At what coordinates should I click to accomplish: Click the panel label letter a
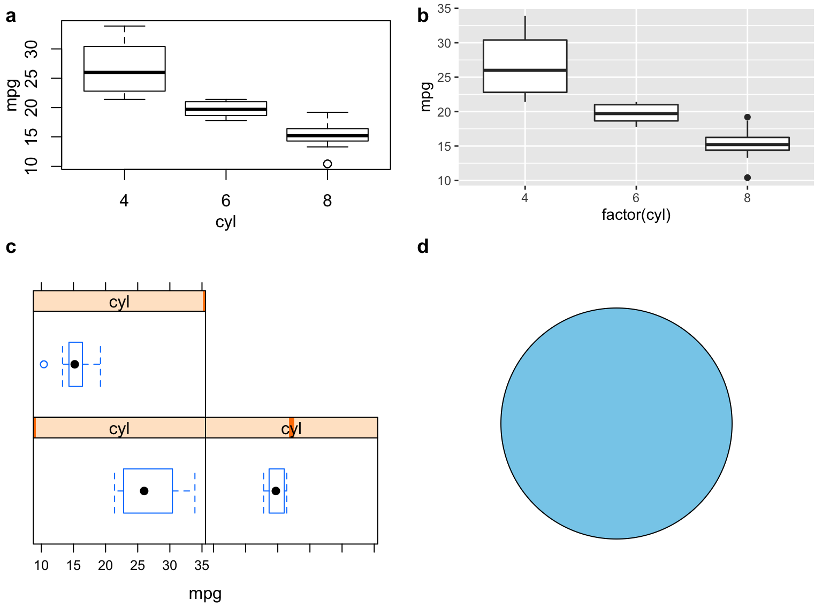tap(11, 17)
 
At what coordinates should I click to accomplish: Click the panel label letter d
tap(423, 247)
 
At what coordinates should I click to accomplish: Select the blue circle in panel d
tap(616, 423)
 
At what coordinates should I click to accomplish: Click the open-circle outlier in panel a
tap(327, 164)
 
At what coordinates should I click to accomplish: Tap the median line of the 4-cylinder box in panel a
tap(124, 72)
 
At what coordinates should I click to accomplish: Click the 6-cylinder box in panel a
tap(226, 109)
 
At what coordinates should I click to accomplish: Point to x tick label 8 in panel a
tap(327, 201)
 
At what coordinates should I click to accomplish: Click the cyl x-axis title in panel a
tap(225, 221)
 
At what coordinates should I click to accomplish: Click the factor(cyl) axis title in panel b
tap(636, 214)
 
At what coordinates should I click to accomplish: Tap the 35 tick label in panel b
tap(444, 9)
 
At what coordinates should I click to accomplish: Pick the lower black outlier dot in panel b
tap(747, 178)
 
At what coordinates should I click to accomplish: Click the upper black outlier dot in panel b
tap(747, 117)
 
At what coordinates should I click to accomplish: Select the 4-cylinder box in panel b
tap(524, 66)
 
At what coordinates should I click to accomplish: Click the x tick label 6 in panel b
tap(636, 198)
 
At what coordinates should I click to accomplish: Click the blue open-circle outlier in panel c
tap(44, 364)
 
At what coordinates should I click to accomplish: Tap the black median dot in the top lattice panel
tap(75, 364)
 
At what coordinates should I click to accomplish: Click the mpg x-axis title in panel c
tap(205, 594)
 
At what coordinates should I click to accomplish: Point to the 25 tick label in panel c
tap(138, 566)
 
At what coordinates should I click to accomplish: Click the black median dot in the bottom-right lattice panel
tap(276, 491)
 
